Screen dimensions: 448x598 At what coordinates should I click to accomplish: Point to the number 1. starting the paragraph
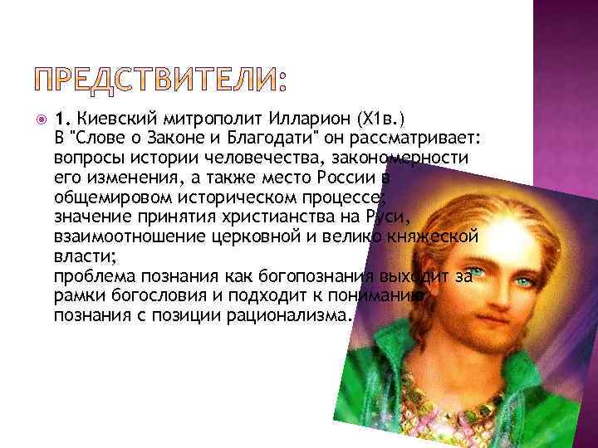pos(61,117)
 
